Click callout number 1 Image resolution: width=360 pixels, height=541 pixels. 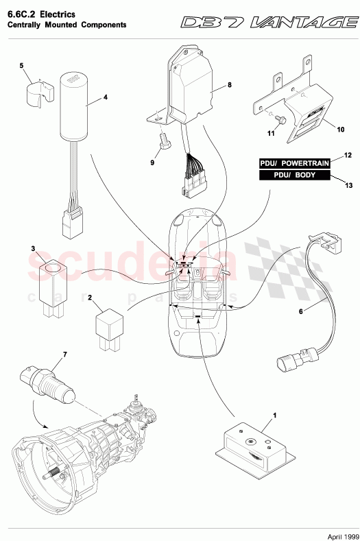click(x=274, y=416)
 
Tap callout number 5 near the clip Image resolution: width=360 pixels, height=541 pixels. click(x=21, y=66)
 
